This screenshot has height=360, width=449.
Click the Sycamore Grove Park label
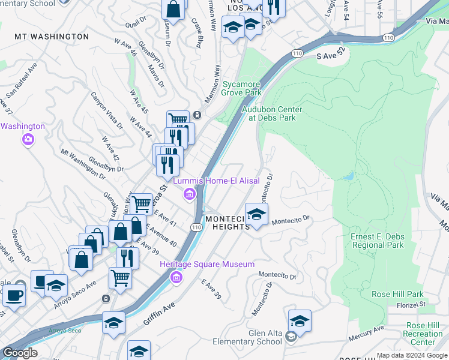242,88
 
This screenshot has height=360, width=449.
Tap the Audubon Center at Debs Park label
272,113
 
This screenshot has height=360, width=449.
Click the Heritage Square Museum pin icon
176,277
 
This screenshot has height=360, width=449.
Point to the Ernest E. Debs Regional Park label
377,241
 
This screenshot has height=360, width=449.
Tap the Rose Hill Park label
397,295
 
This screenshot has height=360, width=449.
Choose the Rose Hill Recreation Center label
423,338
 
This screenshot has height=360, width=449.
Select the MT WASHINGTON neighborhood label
52,37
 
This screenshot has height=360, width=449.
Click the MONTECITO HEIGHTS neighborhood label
228,223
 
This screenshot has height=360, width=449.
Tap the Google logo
20,352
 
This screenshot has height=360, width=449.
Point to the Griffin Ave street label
159,314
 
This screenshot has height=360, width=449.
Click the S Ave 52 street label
332,55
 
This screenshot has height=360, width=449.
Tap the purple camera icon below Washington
28,140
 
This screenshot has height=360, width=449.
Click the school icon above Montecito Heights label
256,214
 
